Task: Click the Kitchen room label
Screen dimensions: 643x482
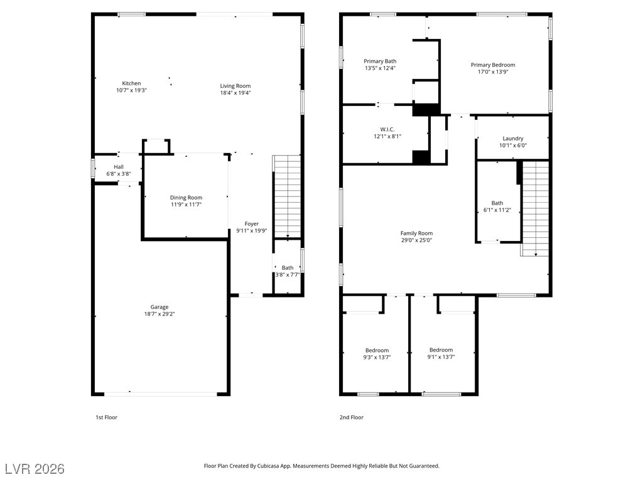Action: pos(131,83)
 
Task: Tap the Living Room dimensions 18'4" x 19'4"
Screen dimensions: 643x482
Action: pos(235,93)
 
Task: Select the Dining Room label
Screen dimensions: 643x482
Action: pos(186,198)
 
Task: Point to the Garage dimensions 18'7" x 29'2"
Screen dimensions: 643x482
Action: pos(159,314)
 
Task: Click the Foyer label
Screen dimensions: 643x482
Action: pos(252,224)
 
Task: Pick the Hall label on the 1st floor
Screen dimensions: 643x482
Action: pos(119,167)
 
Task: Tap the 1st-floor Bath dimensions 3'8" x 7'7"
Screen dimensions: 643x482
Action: pos(288,275)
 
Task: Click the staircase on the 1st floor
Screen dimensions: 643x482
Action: pos(287,196)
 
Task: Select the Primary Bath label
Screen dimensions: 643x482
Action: pos(380,61)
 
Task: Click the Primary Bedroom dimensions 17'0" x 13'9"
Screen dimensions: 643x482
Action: pos(493,72)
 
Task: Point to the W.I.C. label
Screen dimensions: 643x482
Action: pos(387,129)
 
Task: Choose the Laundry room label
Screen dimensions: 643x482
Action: pos(513,139)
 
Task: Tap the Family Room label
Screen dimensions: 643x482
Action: pos(417,233)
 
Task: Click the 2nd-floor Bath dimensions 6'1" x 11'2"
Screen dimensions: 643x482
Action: pos(497,210)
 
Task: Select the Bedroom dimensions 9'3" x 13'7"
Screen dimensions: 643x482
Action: pos(377,357)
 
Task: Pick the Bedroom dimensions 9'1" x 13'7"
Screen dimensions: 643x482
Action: pos(441,357)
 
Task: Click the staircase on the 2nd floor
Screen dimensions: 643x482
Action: pos(535,208)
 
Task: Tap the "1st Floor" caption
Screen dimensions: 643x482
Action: pos(107,417)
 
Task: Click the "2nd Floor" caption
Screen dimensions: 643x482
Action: pos(352,417)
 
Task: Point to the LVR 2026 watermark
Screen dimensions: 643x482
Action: pos(35,469)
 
